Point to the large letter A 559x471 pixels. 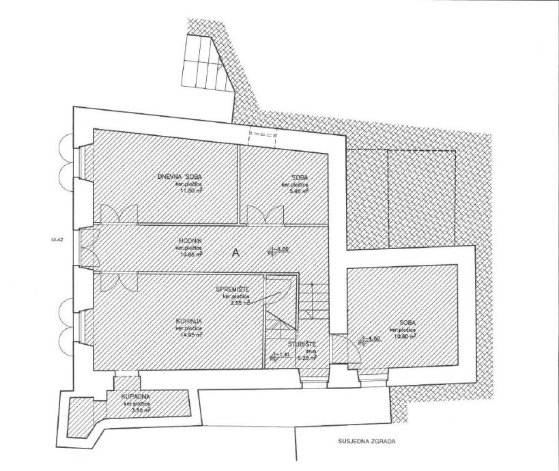coord(237,252)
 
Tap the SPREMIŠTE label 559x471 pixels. coord(233,289)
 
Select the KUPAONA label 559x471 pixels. coord(135,397)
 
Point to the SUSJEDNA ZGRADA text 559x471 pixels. coord(366,441)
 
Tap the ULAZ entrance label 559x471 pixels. coord(57,240)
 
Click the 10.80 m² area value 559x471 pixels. coord(403,335)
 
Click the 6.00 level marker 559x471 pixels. coord(283,249)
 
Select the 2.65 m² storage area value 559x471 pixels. coord(238,302)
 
